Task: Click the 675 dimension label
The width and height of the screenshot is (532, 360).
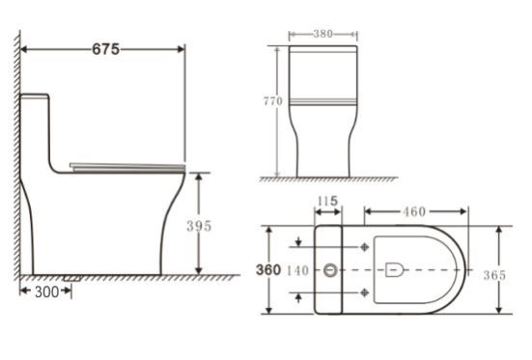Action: [106, 49]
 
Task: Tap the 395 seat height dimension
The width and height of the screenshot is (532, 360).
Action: [199, 226]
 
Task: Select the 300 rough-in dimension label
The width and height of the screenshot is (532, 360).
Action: [47, 291]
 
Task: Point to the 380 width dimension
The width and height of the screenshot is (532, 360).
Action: [323, 34]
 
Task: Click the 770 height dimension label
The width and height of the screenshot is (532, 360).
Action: [273, 101]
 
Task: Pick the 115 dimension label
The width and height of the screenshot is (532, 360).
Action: [327, 201]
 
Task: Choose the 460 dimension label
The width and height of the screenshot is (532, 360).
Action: [414, 211]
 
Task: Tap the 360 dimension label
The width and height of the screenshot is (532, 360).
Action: [268, 269]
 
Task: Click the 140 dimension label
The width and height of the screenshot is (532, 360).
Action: [298, 271]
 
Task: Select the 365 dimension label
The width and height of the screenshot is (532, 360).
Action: [494, 275]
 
